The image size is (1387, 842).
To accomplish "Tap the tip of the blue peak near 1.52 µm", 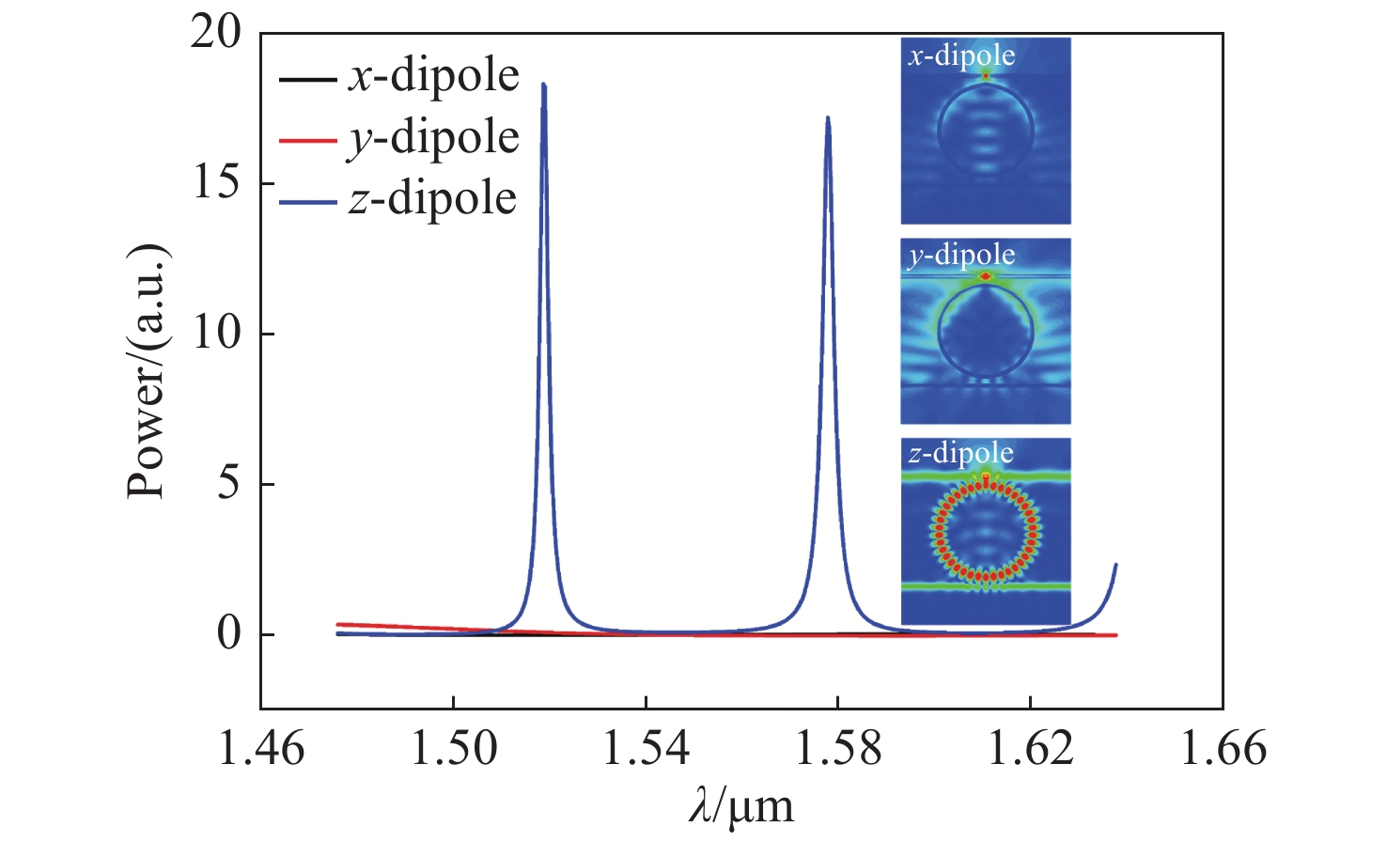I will tap(543, 85).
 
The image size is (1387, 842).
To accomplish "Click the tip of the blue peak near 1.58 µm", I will tap(828, 117).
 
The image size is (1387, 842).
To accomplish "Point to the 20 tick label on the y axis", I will tap(215, 33).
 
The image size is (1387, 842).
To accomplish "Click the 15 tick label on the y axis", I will tap(215, 183).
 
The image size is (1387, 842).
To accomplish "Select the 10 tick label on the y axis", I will tap(215, 334).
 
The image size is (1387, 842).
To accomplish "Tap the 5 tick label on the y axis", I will tap(228, 484).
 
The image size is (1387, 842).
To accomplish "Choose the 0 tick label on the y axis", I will tap(228, 634).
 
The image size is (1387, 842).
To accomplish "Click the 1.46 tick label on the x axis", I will tap(261, 750).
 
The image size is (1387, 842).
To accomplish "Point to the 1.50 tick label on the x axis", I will tap(454, 750).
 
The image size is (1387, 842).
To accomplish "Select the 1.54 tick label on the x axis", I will tap(647, 750).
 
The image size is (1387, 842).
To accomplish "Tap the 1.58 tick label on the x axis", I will tap(838, 750).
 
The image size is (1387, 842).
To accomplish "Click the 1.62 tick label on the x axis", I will tap(1031, 750).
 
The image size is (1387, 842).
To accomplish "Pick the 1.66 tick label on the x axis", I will tap(1223, 750).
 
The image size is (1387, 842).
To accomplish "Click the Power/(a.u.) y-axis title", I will tap(148, 370).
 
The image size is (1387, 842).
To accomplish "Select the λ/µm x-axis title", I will tap(740, 806).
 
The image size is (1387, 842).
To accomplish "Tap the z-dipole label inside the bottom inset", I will tap(960, 454).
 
